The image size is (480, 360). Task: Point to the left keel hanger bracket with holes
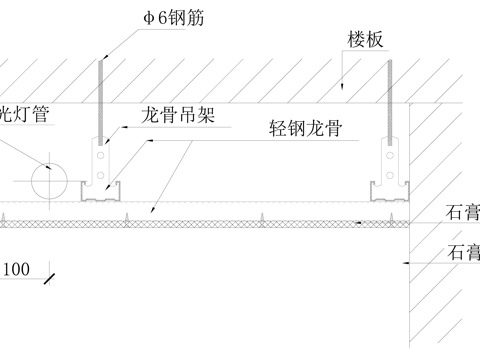point(99,160)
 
